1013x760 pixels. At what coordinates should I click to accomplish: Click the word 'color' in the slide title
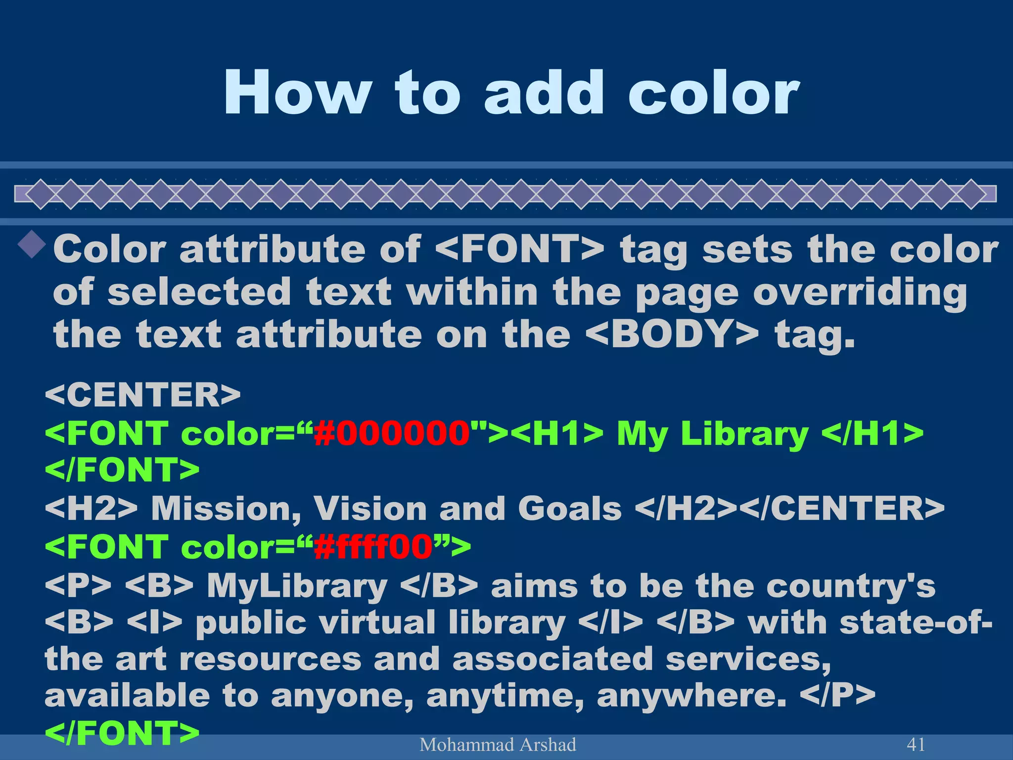[x=713, y=93]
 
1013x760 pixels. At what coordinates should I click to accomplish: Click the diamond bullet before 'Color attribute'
[x=33, y=243]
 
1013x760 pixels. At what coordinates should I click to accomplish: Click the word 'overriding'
[x=860, y=292]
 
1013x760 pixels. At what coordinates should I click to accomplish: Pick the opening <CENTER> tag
[x=142, y=394]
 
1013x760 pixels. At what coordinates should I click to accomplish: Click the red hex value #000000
[x=392, y=433]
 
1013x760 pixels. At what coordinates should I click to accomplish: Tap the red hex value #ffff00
[x=373, y=547]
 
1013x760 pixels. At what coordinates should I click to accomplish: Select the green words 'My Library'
[x=712, y=433]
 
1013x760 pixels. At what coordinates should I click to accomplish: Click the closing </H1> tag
[x=872, y=433]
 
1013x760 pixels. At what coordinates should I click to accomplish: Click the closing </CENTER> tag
[x=843, y=509]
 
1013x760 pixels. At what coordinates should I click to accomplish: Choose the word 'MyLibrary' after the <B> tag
[x=297, y=586]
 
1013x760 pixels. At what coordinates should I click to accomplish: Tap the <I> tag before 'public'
[x=155, y=622]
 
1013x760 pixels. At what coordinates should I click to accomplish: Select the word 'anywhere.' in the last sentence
[x=691, y=696]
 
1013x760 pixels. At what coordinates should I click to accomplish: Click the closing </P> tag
[x=838, y=696]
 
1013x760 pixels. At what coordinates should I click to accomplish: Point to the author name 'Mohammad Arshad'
[x=498, y=745]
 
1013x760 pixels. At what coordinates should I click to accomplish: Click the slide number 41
[x=916, y=744]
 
